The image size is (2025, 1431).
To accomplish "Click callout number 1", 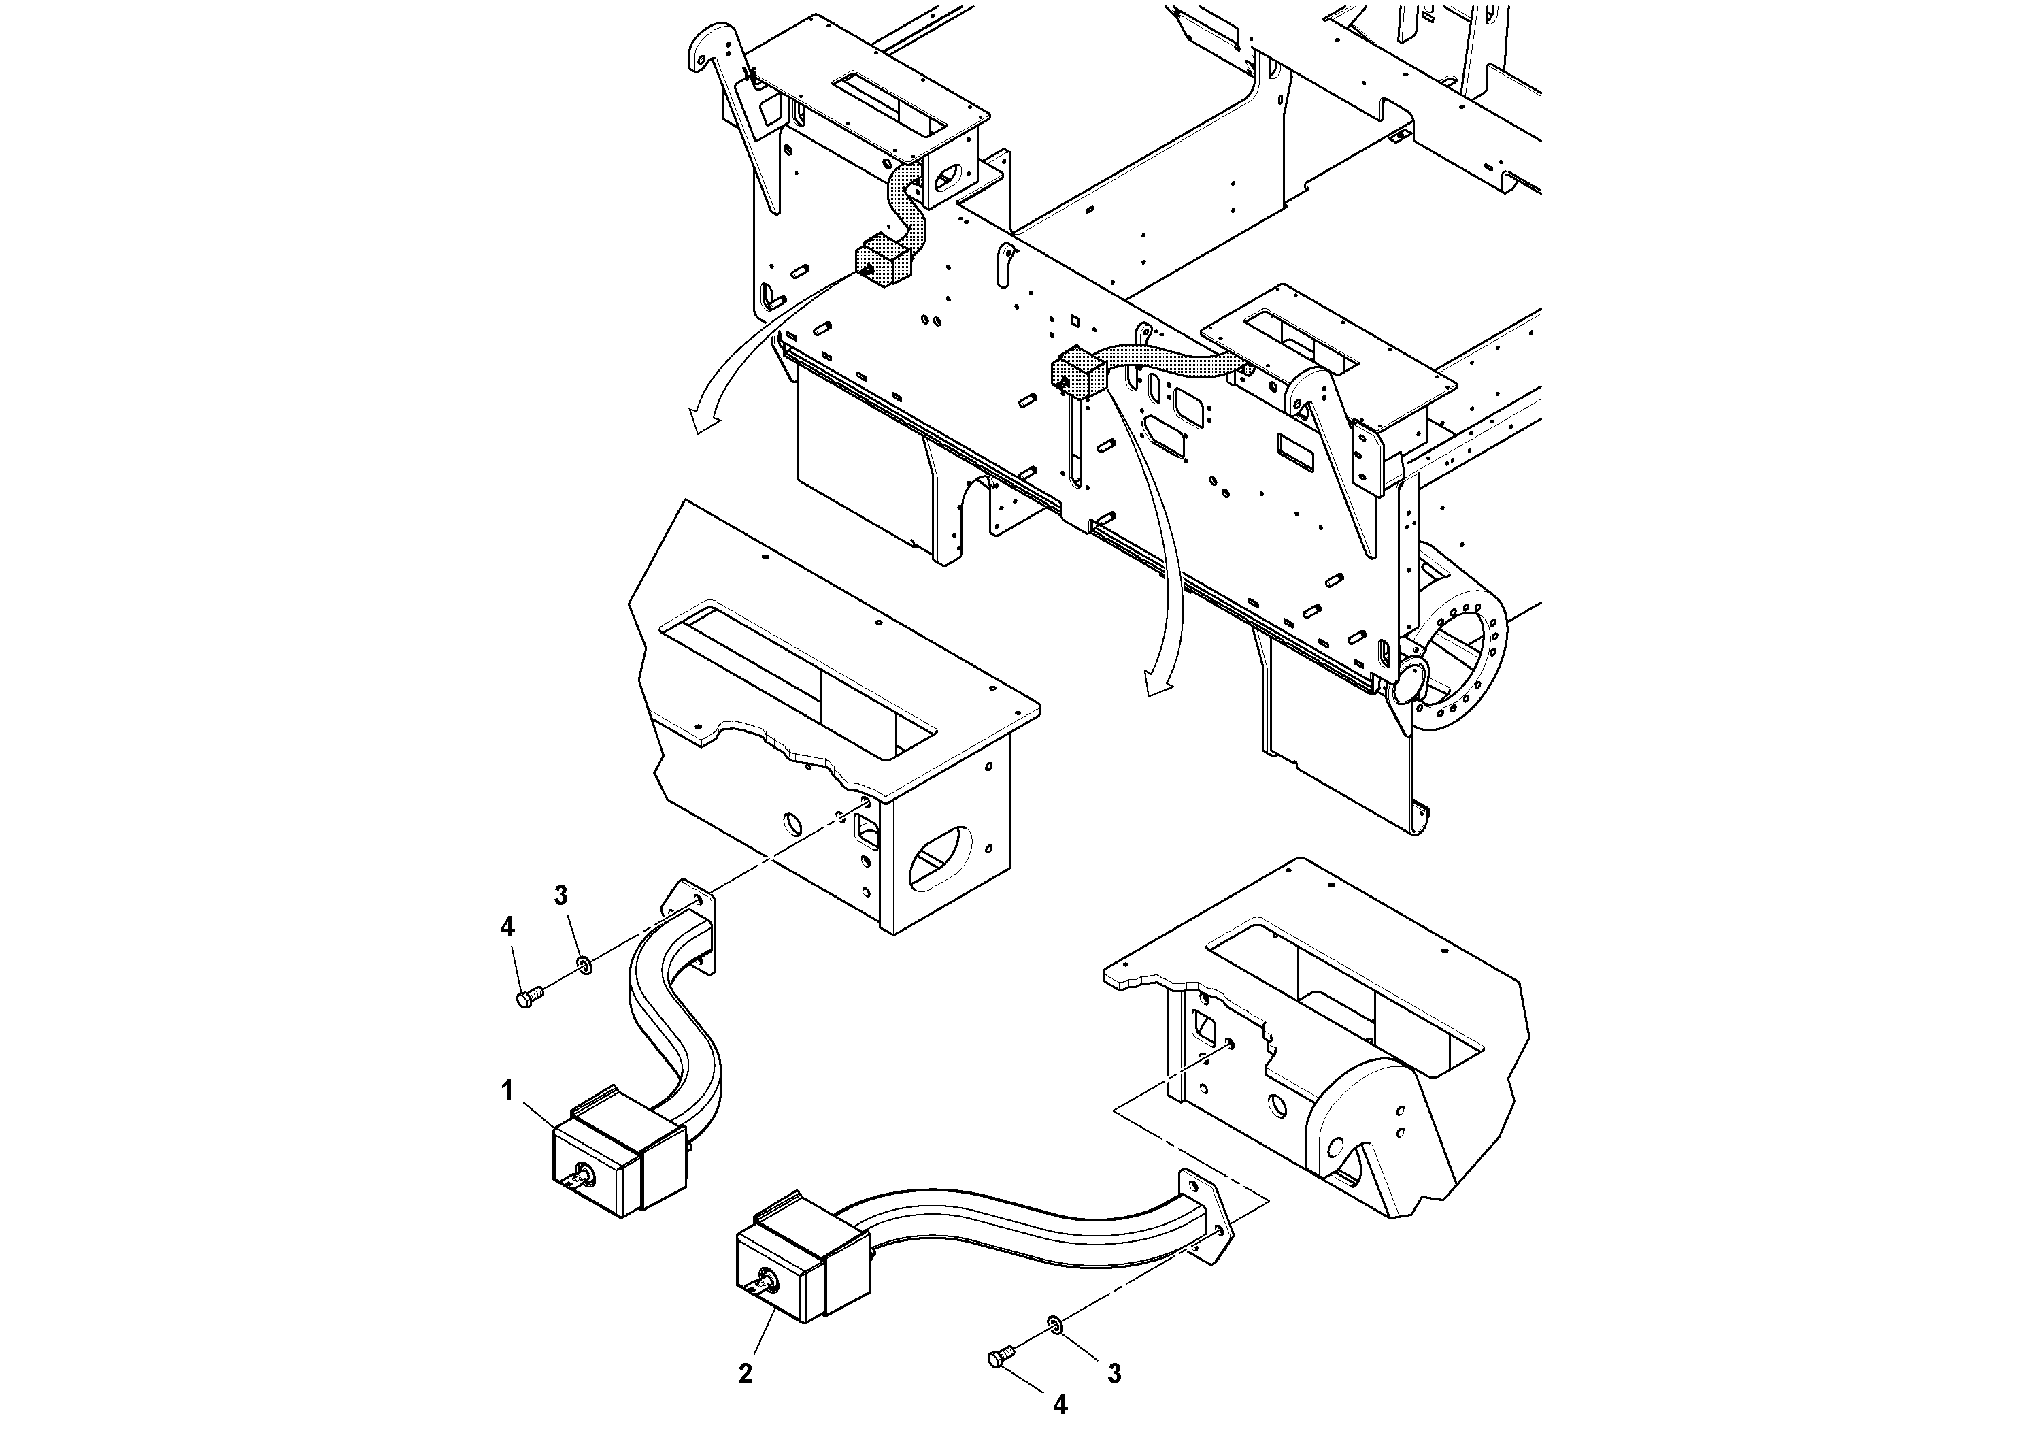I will [x=507, y=1091].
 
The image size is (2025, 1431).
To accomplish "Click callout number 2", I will [x=746, y=1374].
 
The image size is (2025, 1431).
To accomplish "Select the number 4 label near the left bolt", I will [x=507, y=926].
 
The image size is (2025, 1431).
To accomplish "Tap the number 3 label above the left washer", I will [x=561, y=895].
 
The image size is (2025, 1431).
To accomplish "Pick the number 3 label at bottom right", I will [x=1115, y=1374].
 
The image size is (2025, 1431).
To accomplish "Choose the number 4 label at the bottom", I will [x=1061, y=1404].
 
